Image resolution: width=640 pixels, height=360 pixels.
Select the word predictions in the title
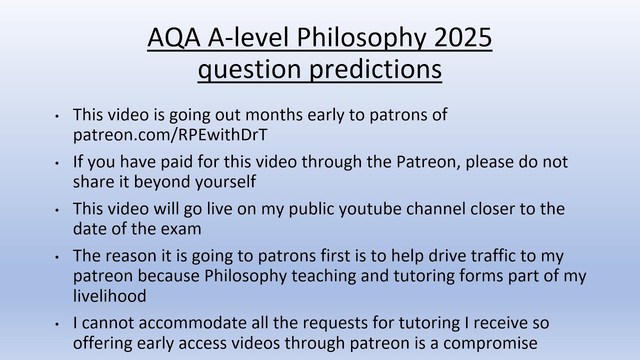point(375,69)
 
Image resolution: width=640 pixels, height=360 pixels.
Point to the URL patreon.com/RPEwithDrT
point(170,135)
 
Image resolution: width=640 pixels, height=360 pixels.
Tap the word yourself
point(225,182)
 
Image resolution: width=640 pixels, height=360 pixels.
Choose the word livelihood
point(109,296)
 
